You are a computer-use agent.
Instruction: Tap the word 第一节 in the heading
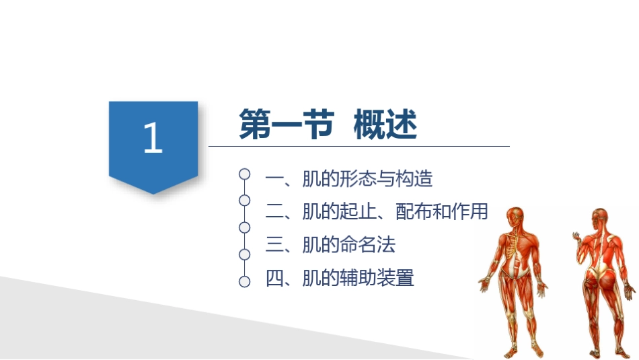[287, 124]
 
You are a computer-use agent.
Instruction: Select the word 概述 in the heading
[385, 124]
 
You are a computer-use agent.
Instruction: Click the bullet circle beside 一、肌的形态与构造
[245, 174]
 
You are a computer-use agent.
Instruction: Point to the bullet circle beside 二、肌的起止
[245, 201]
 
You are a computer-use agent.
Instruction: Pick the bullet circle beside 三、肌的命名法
[245, 227]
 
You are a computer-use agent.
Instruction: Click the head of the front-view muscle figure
[513, 215]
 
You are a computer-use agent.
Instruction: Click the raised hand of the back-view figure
[576, 236]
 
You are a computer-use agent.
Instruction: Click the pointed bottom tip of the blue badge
[153, 193]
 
